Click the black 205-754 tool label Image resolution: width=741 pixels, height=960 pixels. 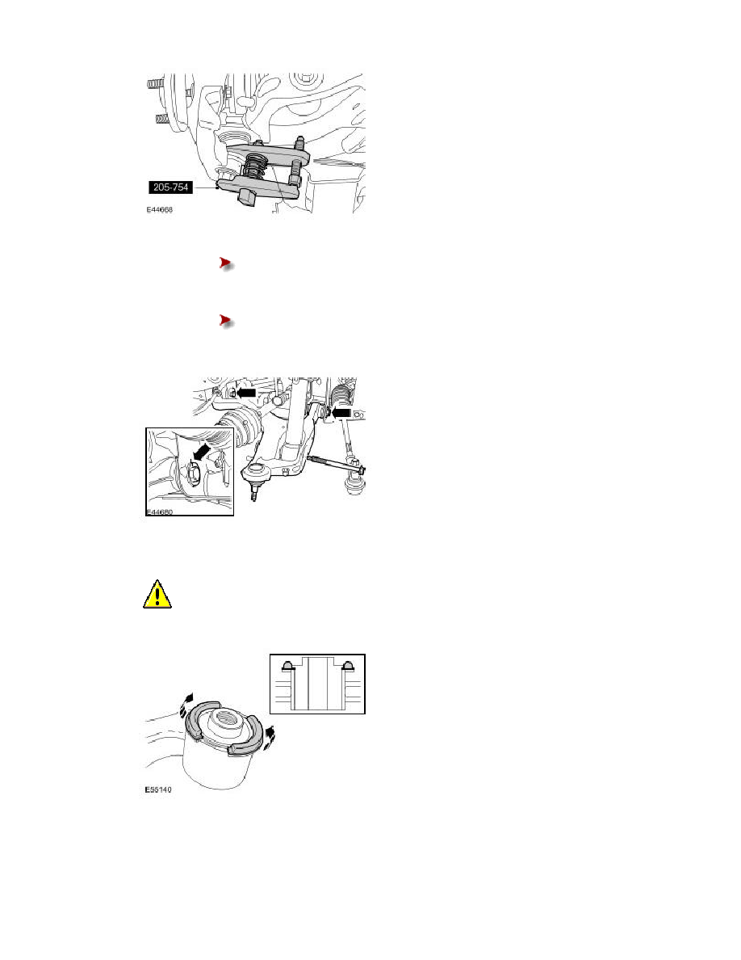point(170,187)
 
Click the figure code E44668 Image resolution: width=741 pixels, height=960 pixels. point(160,209)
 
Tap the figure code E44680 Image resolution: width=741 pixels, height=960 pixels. point(160,512)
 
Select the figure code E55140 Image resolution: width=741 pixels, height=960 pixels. point(158,789)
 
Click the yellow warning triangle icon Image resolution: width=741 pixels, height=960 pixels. point(157,595)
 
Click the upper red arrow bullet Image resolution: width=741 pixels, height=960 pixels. point(226,264)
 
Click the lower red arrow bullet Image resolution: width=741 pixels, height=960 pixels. point(226,321)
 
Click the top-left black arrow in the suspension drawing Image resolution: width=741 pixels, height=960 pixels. point(245,393)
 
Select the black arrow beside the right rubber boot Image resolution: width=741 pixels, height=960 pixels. point(341,414)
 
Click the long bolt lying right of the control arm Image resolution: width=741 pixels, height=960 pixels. point(337,465)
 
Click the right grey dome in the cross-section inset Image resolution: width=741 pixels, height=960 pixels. point(349,666)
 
